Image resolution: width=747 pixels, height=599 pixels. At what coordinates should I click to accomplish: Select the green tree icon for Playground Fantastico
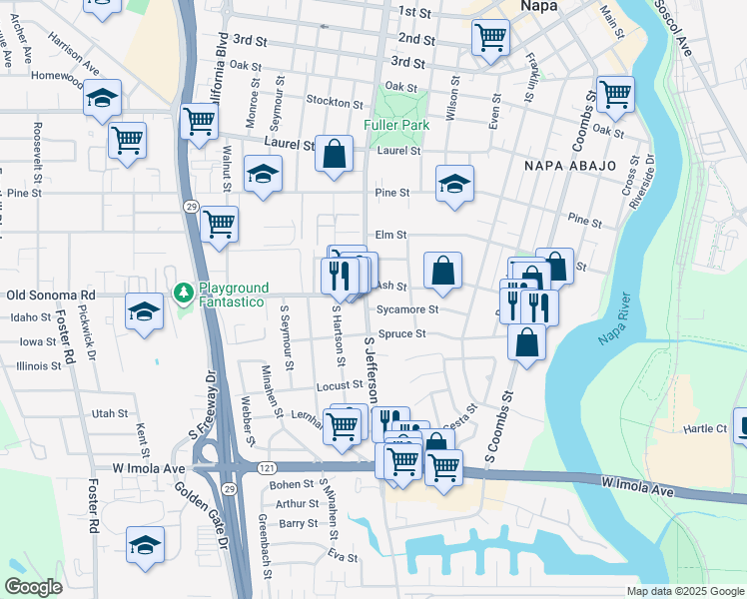click(x=183, y=293)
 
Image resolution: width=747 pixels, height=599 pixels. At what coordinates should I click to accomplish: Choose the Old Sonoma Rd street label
click(x=50, y=296)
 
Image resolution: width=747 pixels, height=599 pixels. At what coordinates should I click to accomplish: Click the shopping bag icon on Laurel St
click(x=336, y=155)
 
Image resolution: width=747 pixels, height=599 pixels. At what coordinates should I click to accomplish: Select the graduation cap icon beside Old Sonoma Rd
click(x=145, y=310)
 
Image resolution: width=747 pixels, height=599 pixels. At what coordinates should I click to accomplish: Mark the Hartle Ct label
click(x=706, y=428)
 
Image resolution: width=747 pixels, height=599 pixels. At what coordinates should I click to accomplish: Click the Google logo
click(x=33, y=587)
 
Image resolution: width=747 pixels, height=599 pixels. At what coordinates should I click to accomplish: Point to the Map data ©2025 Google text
click(x=685, y=591)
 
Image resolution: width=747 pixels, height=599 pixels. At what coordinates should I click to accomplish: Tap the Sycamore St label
click(x=406, y=309)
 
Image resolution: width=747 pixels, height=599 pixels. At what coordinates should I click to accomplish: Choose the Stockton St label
click(x=334, y=103)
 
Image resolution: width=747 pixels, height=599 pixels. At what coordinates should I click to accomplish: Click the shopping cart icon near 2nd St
click(x=490, y=37)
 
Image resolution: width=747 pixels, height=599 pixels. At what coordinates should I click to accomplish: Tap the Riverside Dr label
click(x=639, y=181)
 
